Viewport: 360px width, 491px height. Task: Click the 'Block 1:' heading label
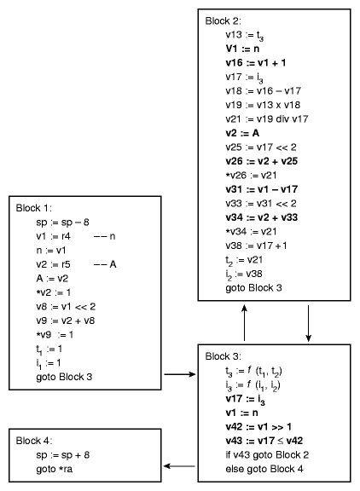point(34,208)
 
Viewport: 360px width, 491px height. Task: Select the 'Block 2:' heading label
point(224,21)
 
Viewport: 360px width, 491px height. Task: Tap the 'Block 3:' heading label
point(224,356)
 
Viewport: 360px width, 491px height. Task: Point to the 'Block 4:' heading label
point(34,441)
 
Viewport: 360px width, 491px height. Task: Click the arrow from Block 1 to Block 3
point(180,374)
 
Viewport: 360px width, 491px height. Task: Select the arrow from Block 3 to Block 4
point(179,466)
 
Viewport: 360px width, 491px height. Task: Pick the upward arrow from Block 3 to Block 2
point(244,323)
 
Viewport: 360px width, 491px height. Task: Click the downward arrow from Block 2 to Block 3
point(308,323)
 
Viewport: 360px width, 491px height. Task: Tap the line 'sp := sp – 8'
point(62,222)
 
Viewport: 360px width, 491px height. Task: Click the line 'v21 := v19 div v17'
point(267,119)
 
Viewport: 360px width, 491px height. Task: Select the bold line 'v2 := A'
point(242,133)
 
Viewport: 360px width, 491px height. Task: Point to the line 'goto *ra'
point(55,469)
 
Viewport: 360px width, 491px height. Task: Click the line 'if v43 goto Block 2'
point(267,454)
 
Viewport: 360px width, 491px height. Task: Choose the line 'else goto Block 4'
point(264,469)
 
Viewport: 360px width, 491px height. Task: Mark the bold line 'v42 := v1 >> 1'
point(258,427)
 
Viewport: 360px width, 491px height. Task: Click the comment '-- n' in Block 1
point(105,236)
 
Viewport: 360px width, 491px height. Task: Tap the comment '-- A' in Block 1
point(105,264)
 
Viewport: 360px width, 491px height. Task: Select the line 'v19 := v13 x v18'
point(263,105)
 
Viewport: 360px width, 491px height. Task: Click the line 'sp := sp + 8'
point(62,455)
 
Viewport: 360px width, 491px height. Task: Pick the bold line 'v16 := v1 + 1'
point(256,63)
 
